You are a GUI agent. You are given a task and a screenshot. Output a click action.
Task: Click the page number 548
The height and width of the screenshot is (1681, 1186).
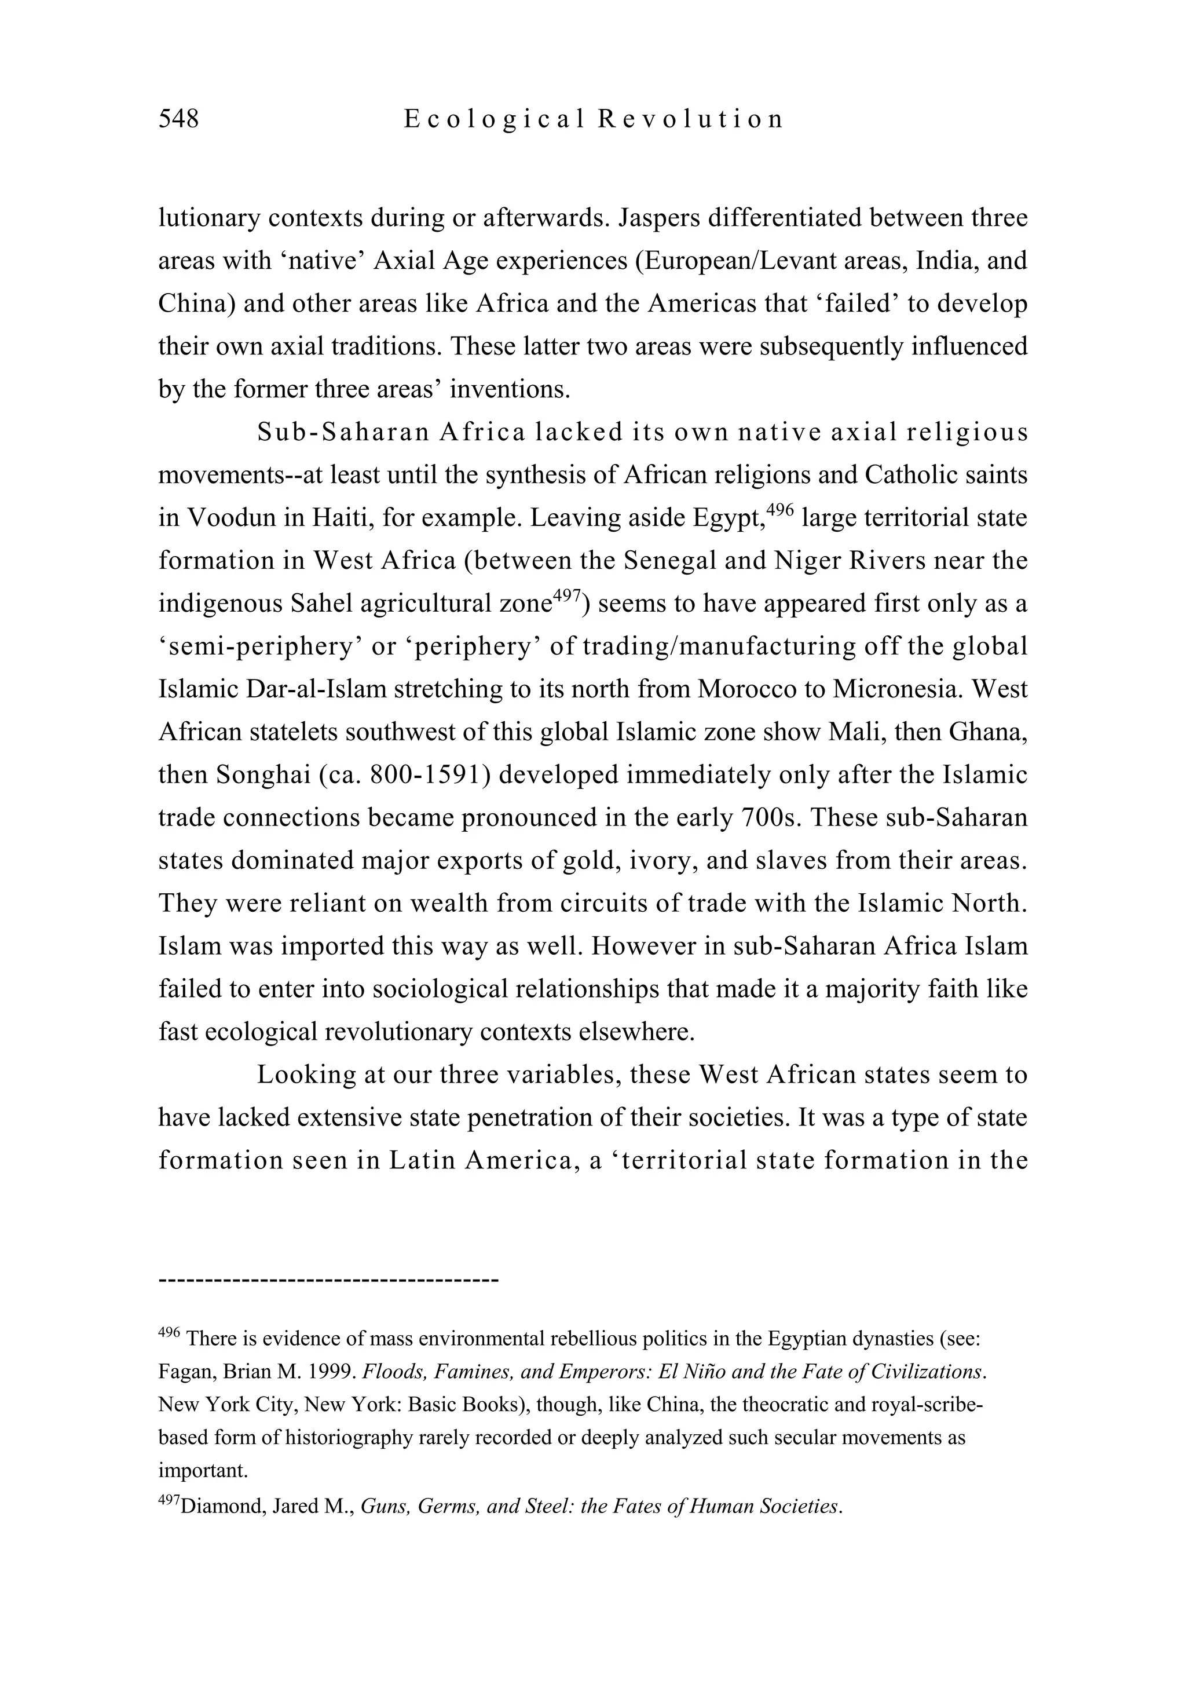click(x=178, y=119)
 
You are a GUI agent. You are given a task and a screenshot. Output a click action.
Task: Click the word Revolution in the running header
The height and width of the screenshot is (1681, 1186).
click(x=690, y=119)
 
